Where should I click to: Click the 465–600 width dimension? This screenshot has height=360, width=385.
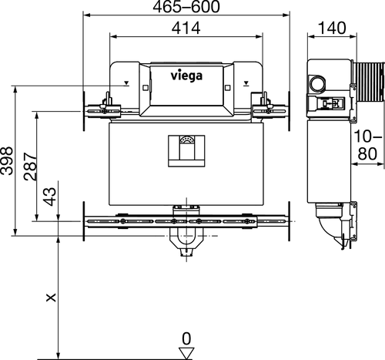pos(185,8)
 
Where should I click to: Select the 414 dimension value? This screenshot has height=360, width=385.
pos(185,29)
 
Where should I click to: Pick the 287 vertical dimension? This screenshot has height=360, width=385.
pos(28,166)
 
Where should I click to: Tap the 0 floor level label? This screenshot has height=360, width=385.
pos(186,338)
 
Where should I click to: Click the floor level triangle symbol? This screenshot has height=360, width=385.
pos(186,352)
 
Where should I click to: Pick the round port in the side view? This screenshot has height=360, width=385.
pos(316,81)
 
